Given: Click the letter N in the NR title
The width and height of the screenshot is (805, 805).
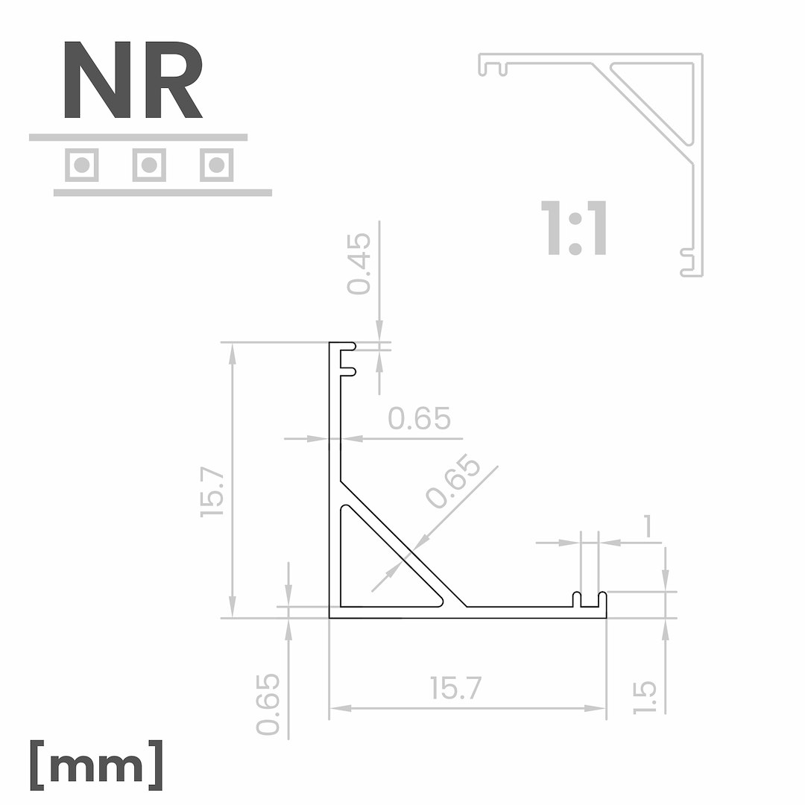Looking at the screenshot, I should point(97,80).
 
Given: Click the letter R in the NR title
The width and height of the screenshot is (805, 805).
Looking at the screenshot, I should point(173,80).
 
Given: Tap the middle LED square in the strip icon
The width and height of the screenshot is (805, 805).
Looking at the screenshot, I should point(149,165).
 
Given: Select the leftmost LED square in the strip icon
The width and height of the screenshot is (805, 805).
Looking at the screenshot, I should point(82,165).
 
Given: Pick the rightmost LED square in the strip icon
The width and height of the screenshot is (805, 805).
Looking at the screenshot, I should point(216,165).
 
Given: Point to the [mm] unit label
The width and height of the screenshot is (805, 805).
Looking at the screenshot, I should point(96,765).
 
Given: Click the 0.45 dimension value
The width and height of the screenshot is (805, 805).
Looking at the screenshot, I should point(359,264).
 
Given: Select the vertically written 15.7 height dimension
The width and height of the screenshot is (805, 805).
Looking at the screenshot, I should point(212,493).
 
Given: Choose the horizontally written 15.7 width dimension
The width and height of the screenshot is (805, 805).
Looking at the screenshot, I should point(456,688).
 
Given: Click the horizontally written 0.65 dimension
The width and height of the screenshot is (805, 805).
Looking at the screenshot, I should point(420,419).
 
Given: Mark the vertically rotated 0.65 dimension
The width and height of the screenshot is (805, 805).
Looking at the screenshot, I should point(268,704).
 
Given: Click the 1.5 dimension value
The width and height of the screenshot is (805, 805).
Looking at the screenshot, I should point(645,698).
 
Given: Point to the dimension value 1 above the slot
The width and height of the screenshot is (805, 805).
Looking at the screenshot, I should point(648,526).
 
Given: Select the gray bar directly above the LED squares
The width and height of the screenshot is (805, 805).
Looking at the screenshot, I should point(138,137).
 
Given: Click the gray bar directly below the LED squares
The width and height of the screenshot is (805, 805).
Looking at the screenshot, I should point(162,193).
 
